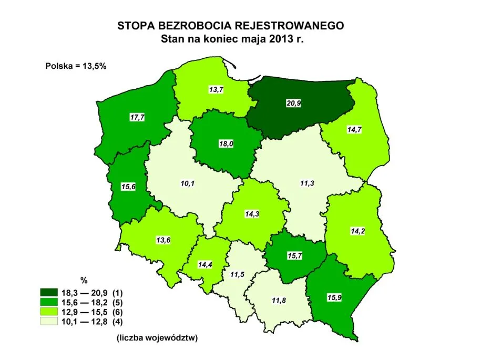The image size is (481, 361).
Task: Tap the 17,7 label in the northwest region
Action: tap(137, 117)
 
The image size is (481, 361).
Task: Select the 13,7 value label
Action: tap(215, 90)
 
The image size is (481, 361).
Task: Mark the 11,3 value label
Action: tap(307, 183)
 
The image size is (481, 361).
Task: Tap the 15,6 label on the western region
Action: tap(127, 188)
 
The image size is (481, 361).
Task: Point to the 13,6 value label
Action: tap(163, 240)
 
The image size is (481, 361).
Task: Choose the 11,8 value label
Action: tap(279, 300)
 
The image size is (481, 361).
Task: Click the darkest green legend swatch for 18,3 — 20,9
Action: tap(49, 293)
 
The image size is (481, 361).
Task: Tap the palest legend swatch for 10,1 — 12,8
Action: tap(49, 320)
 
